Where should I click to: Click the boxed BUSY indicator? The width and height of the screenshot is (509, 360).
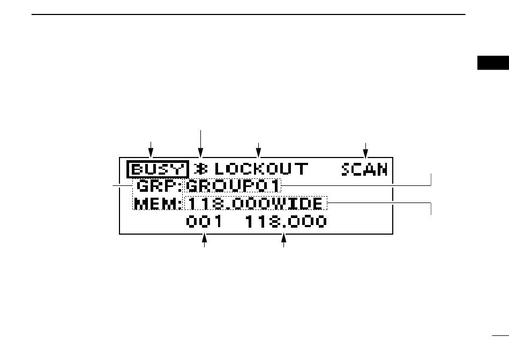[x=158, y=169]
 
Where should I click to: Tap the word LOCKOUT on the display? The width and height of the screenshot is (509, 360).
[x=261, y=169]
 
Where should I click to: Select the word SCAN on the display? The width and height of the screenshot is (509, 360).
[x=364, y=169]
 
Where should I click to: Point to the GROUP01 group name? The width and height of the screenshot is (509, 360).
[x=233, y=186]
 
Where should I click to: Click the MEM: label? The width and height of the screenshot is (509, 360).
[x=158, y=204]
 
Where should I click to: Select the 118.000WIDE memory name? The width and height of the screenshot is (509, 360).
[x=256, y=204]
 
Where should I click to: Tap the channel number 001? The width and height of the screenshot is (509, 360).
[x=204, y=221]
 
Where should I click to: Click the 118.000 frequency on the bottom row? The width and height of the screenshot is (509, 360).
[x=286, y=221]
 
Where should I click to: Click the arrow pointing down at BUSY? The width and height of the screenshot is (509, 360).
[x=151, y=149]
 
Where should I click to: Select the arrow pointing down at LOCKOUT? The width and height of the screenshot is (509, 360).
[x=258, y=151]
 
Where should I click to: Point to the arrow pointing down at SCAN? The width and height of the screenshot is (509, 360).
[x=365, y=151]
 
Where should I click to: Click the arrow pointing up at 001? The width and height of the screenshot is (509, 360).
[x=204, y=240]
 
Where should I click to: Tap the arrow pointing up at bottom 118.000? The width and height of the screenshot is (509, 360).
[x=284, y=240]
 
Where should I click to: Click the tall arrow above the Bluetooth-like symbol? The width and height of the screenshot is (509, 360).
[x=200, y=144]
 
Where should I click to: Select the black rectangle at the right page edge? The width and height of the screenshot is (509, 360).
[x=493, y=63]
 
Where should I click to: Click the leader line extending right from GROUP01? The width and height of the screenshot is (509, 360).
[x=356, y=186]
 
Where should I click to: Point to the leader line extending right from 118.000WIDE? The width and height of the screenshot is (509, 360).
[x=379, y=202]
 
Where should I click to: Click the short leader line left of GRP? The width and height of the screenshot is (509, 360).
[x=122, y=186]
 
